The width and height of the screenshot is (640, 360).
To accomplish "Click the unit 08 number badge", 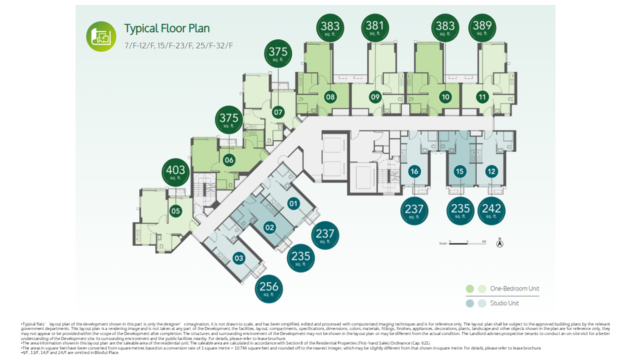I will click(x=330, y=97).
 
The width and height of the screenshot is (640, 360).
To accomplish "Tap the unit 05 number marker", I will click(x=175, y=211).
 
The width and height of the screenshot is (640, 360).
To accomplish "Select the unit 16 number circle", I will click(x=414, y=171).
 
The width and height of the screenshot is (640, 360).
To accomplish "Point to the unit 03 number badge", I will click(x=238, y=258).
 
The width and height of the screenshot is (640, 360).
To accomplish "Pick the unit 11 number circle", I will click(x=482, y=97).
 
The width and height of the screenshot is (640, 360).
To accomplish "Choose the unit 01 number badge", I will click(x=293, y=203).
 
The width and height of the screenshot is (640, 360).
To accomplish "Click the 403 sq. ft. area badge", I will click(x=175, y=172).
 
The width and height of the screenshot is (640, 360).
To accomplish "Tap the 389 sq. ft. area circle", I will click(x=482, y=27).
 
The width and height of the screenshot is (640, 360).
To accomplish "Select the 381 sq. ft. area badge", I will click(x=374, y=27).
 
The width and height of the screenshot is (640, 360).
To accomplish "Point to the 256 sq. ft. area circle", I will click(x=269, y=289).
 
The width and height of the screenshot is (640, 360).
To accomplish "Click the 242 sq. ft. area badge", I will click(x=491, y=211).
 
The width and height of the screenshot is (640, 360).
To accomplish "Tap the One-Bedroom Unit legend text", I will click(x=514, y=288).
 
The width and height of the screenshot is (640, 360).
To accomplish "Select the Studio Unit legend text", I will click(x=504, y=303).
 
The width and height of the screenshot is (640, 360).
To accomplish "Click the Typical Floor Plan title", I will click(x=167, y=28).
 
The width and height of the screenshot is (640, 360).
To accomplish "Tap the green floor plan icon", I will click(x=101, y=36).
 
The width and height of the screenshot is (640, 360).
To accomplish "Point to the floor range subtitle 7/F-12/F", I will click(x=179, y=45).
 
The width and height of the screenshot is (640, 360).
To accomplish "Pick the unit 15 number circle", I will click(x=459, y=171).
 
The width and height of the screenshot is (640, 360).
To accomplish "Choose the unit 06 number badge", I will click(x=229, y=160).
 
